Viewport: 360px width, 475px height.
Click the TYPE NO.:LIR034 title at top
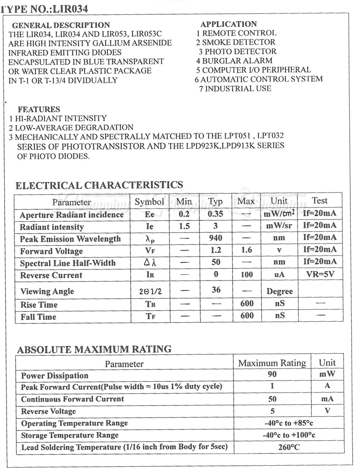click(x=44, y=8)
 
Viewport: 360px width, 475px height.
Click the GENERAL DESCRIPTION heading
click(x=61, y=25)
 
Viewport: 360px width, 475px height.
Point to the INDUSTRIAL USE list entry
click(x=235, y=88)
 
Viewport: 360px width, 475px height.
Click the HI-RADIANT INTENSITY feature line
click(x=58, y=119)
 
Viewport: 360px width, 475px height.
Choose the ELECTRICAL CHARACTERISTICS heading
click(x=99, y=185)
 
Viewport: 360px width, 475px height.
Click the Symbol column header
click(x=149, y=201)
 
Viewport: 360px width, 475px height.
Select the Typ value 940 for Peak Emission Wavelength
click(x=215, y=238)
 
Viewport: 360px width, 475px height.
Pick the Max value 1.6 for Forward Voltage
click(x=246, y=250)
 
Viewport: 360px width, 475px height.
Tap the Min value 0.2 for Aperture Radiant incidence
click(x=184, y=214)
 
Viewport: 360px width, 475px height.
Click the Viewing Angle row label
click(x=47, y=291)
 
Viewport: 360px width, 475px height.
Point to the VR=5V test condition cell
click(x=320, y=274)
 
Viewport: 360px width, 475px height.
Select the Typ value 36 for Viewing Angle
click(x=215, y=290)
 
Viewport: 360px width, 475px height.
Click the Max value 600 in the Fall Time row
click(x=246, y=316)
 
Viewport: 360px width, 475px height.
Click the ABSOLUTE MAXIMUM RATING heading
click(x=94, y=349)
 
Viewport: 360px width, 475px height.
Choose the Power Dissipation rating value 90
click(x=272, y=374)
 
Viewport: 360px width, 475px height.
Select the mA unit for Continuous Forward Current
click(x=327, y=399)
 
